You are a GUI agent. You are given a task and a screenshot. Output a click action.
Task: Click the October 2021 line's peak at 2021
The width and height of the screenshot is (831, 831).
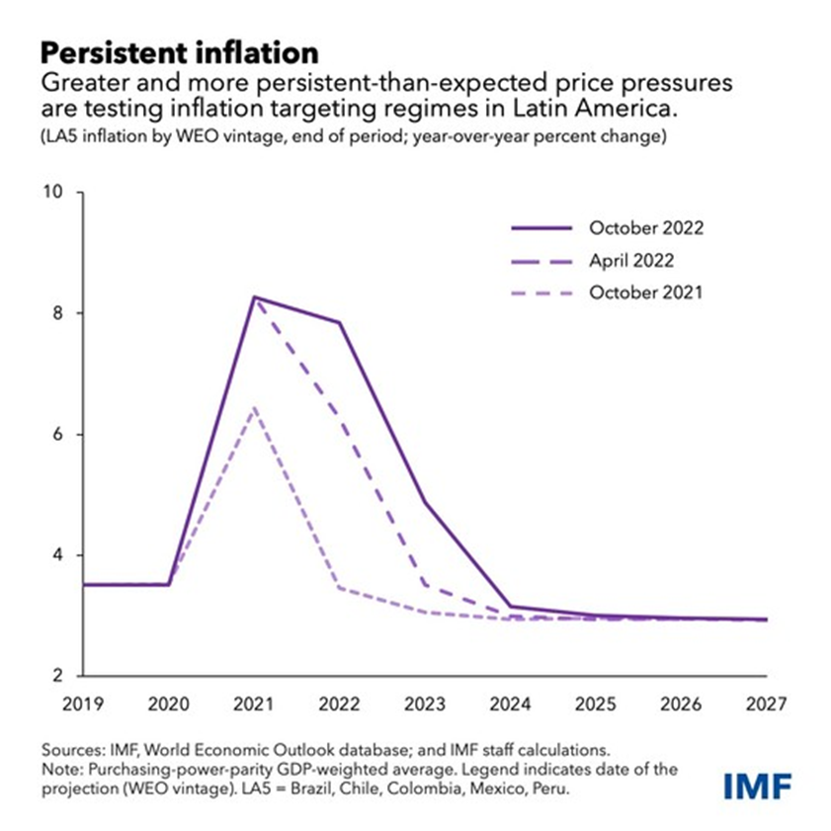pos(255,406)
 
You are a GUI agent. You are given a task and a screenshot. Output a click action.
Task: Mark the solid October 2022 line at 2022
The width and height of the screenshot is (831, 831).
pos(340,322)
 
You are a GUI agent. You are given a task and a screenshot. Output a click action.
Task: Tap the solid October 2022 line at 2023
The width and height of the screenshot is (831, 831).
pos(425,502)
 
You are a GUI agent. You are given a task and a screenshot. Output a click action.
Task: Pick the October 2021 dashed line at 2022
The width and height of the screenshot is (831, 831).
pos(340,588)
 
